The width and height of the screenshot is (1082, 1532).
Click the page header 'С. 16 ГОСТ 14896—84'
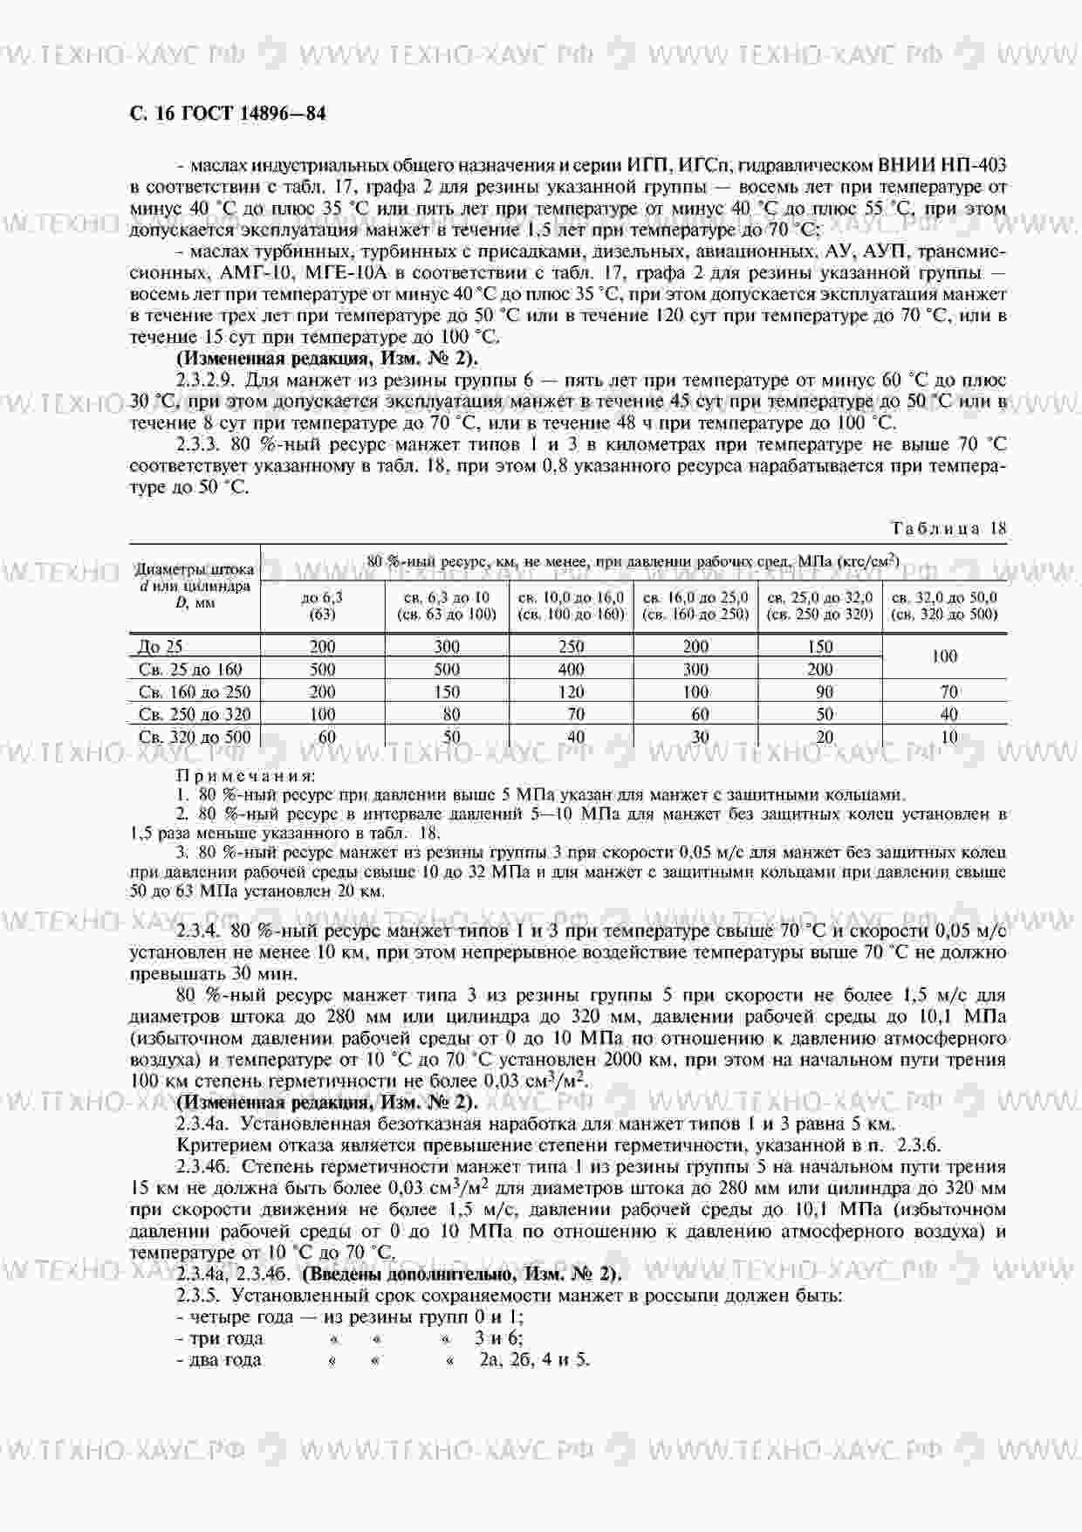[228, 113]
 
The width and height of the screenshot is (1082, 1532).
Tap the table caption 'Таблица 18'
[948, 528]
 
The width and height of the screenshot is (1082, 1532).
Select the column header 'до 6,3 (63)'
[322, 606]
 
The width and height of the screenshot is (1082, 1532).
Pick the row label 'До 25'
[161, 647]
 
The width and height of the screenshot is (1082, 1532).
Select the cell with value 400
[571, 670]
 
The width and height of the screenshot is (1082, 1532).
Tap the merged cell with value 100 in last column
[944, 656]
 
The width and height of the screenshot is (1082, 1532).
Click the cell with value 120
[571, 692]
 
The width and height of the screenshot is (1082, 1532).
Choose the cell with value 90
[820, 692]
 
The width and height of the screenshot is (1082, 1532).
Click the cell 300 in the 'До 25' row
[446, 647]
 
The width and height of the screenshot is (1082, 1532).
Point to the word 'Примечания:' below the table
[246, 775]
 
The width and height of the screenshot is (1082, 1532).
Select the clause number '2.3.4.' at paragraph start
[199, 931]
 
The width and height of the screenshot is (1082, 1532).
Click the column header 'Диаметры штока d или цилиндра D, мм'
[195, 586]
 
